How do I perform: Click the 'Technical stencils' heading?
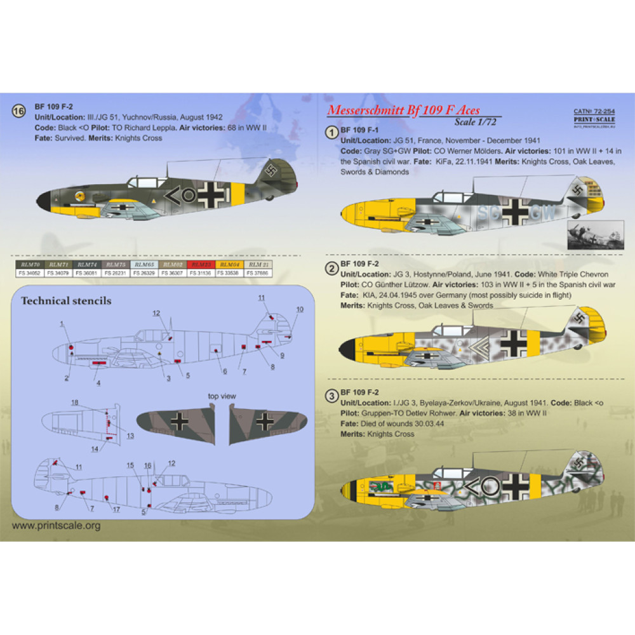pyautogui.click(x=66, y=300)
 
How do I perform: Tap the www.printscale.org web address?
pyautogui.click(x=57, y=525)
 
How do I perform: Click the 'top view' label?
pyautogui.click(x=222, y=396)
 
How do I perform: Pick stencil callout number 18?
pyautogui.click(x=74, y=403)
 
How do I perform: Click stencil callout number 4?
pyautogui.click(x=98, y=382)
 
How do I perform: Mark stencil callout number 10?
pyautogui.click(x=300, y=309)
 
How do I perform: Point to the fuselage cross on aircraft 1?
pyautogui.click(x=514, y=211)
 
